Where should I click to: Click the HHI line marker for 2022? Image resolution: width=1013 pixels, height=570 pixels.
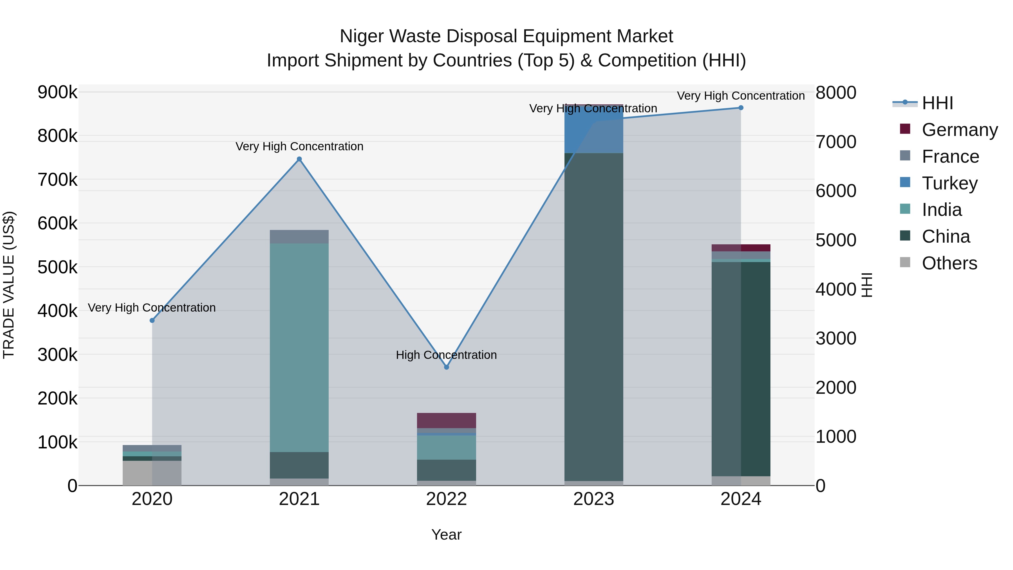[x=446, y=367]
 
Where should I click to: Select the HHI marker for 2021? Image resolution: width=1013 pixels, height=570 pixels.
[x=299, y=159]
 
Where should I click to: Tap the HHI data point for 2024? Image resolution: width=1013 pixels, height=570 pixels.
[x=741, y=108]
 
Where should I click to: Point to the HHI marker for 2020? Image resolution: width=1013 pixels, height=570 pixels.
[x=152, y=321]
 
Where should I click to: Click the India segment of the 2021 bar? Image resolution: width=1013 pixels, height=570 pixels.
[x=299, y=346]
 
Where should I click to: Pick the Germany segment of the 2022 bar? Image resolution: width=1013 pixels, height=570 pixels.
[x=446, y=421]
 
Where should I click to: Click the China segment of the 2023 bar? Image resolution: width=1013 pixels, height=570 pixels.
[x=594, y=315]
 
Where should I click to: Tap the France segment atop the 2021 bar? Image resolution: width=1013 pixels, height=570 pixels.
[x=299, y=236]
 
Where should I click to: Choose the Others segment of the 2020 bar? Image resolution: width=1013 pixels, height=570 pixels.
[x=152, y=473]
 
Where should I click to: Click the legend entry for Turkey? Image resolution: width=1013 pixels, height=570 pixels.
[x=949, y=183]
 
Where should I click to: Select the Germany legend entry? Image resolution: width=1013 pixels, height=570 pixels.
[x=959, y=130]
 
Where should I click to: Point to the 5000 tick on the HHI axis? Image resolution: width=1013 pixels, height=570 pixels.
[x=836, y=240]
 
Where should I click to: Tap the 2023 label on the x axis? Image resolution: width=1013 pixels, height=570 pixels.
[x=593, y=499]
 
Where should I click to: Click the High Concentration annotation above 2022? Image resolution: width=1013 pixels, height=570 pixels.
[x=446, y=355]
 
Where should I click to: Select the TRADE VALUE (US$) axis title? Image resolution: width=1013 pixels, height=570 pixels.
[x=9, y=285]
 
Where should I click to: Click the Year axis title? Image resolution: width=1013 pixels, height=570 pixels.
[x=446, y=535]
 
